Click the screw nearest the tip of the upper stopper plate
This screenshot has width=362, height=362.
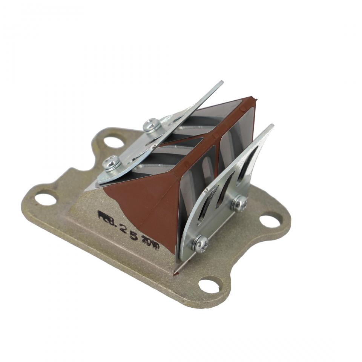[152, 125]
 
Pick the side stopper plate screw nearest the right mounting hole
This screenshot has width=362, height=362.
[239, 203]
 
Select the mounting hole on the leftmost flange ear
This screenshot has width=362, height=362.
[46, 198]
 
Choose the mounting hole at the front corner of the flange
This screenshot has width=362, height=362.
[210, 285]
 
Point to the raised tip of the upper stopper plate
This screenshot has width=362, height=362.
[221, 83]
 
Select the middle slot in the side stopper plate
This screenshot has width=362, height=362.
[226, 189]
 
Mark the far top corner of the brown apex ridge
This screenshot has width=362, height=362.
[253, 99]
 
